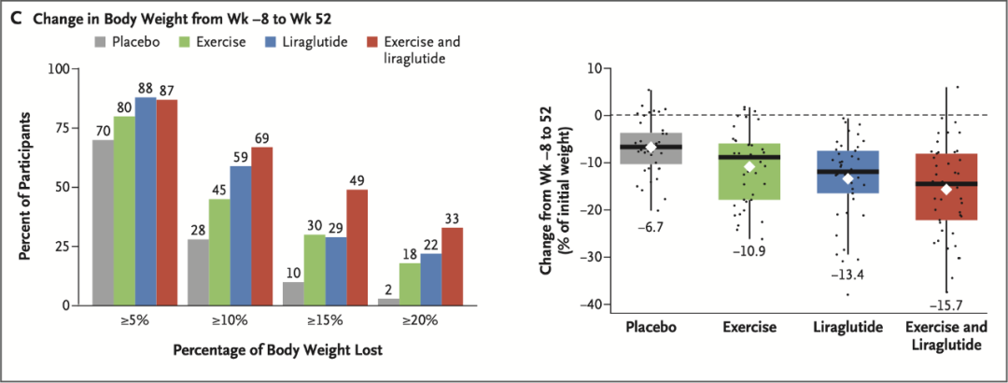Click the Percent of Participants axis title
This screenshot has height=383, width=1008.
click(x=31, y=187)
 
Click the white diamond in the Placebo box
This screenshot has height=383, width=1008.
click(x=651, y=148)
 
